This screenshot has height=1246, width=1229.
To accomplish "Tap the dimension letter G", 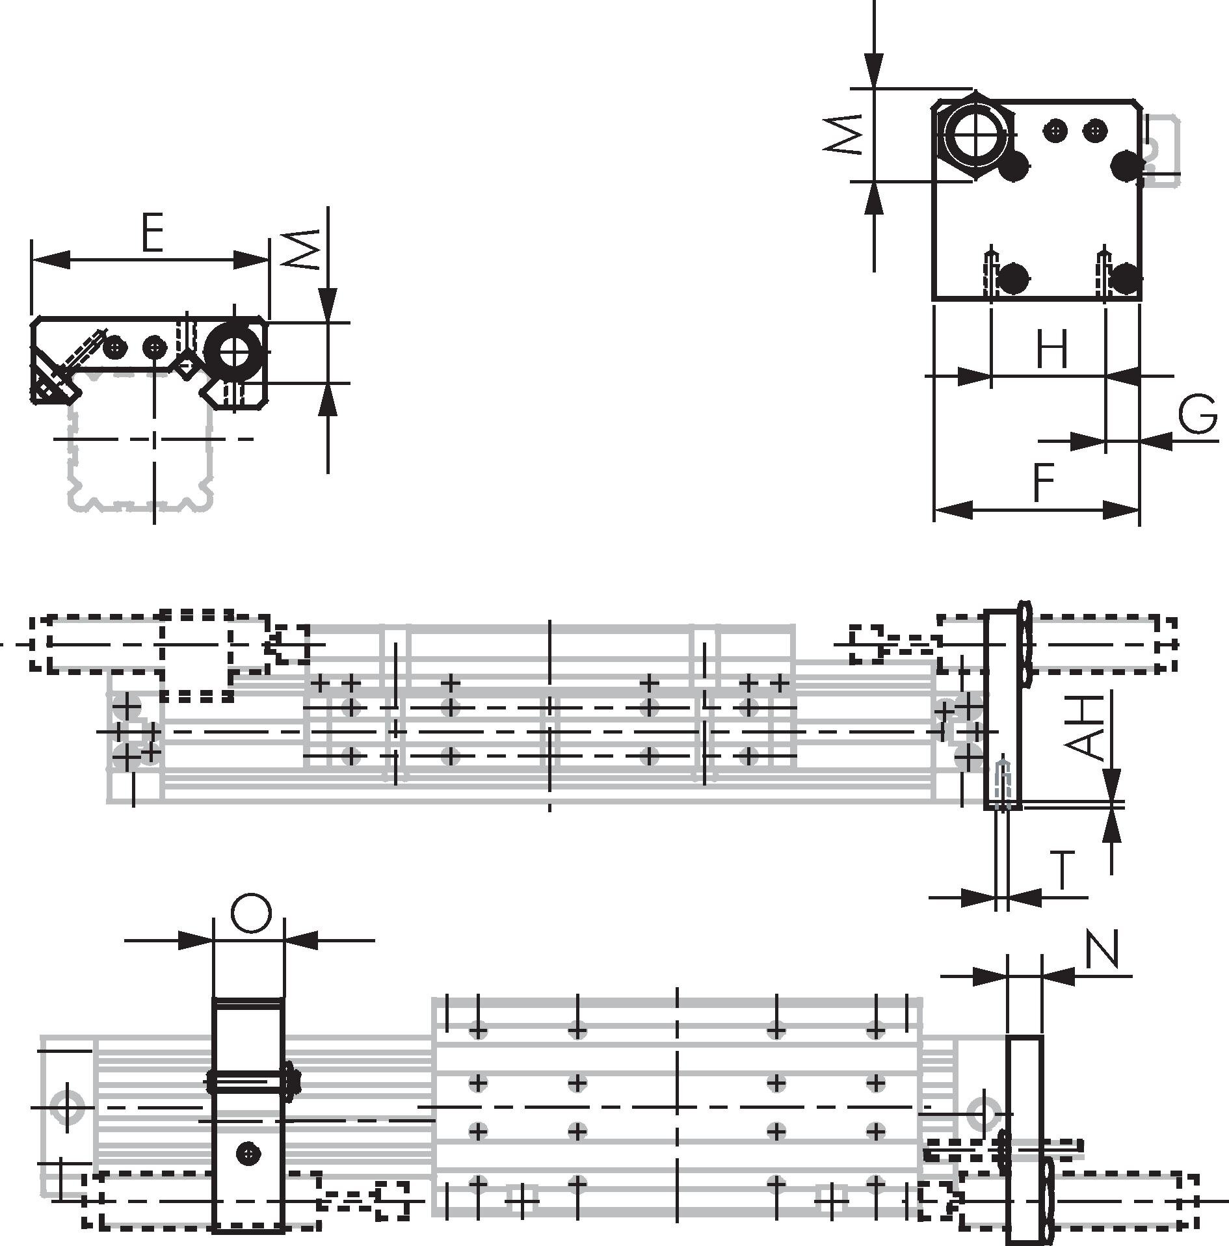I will click(x=1198, y=414).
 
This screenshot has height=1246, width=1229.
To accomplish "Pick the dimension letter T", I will click(x=1063, y=870).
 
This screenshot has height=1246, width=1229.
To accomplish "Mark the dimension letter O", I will click(x=250, y=914).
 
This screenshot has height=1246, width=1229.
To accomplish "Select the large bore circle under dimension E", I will click(x=234, y=352).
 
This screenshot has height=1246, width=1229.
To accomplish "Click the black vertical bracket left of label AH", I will click(x=1003, y=709).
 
